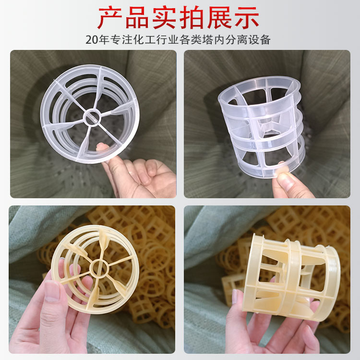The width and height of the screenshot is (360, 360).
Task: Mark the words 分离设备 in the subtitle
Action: pyautogui.click(x=250, y=40)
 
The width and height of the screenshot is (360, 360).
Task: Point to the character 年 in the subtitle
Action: pyautogui.click(x=107, y=40)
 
